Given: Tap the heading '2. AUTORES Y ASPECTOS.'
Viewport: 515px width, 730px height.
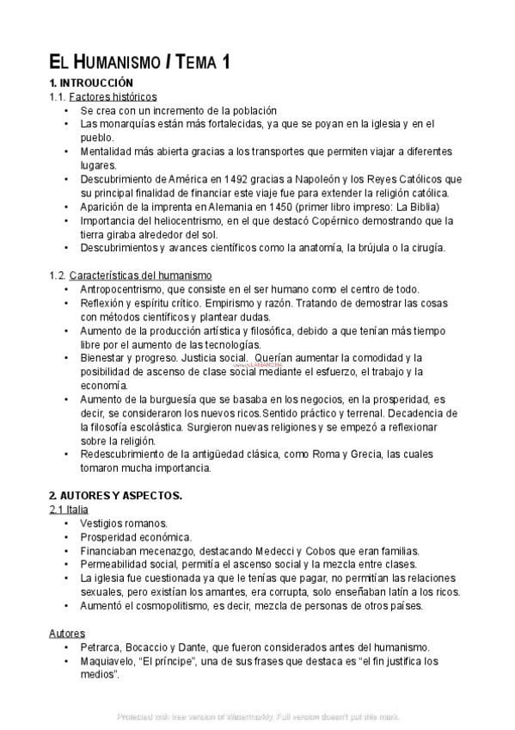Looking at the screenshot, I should pyautogui.click(x=115, y=497).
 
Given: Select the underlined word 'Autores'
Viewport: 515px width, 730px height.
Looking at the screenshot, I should pyautogui.click(x=66, y=634).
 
